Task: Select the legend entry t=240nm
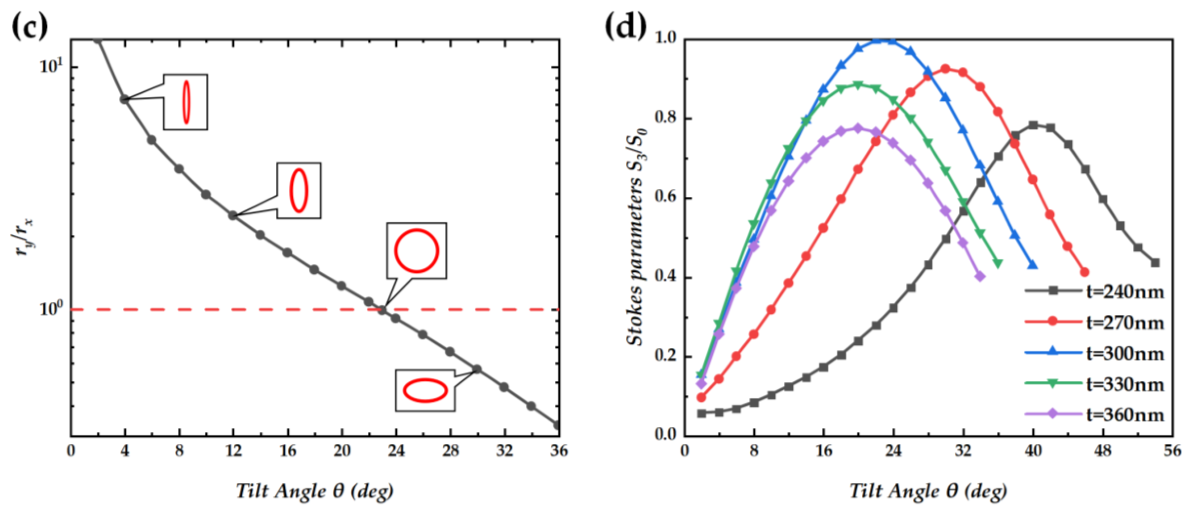(1125, 292)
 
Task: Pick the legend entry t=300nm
(1125, 353)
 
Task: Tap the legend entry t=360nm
(1125, 414)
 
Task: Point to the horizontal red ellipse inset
(425, 390)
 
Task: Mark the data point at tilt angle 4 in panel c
(125, 99)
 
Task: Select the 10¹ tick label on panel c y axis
(51, 67)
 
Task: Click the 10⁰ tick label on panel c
(51, 309)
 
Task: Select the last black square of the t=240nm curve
(1155, 263)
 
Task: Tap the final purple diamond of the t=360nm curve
(980, 276)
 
